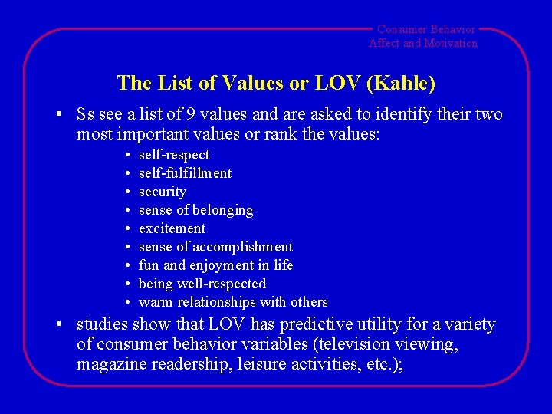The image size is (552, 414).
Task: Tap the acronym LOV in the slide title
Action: (328, 83)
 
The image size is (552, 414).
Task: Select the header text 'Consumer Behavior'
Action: (426, 29)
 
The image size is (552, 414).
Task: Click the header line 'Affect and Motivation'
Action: (423, 43)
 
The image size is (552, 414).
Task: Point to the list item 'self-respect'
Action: (173, 155)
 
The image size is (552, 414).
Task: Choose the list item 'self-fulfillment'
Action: (185, 173)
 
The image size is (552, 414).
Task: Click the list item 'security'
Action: (162, 192)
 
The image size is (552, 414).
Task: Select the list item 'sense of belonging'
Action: (195, 210)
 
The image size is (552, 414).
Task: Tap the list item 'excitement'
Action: (172, 228)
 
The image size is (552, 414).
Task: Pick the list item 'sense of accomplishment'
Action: (215, 247)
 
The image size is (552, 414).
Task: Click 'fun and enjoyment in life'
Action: (215, 265)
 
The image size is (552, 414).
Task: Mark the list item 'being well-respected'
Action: (202, 284)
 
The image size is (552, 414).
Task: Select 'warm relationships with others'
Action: (233, 302)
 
